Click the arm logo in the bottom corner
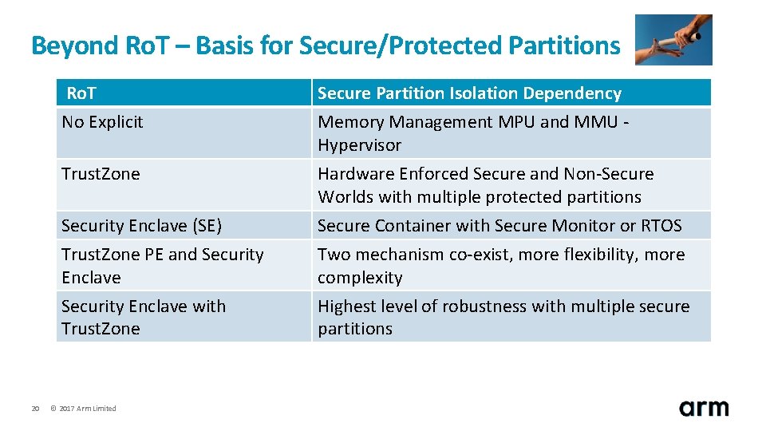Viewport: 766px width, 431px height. [x=704, y=408]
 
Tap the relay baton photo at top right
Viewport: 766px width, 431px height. [x=673, y=40]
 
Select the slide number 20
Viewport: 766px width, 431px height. [x=35, y=409]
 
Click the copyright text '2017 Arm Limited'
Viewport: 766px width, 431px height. [x=87, y=409]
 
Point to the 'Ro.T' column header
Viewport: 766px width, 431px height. [x=81, y=93]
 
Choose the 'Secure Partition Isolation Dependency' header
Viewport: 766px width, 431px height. [x=469, y=93]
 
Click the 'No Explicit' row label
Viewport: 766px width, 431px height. [x=102, y=122]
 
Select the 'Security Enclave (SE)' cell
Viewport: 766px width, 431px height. [x=141, y=226]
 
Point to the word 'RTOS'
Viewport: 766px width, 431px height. [x=661, y=226]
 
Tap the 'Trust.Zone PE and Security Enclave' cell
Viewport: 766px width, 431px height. [x=162, y=266]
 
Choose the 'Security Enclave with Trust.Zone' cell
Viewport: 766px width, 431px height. [x=144, y=318]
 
